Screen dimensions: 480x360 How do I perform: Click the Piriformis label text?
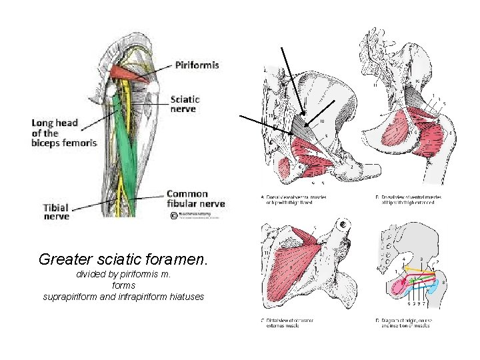point(197,65)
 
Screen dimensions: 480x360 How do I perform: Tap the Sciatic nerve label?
point(185,104)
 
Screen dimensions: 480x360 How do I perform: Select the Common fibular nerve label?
point(195,199)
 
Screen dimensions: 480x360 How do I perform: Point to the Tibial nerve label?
point(56,211)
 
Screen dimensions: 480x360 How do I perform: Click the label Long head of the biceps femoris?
point(64,133)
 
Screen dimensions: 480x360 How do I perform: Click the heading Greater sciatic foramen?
point(124,259)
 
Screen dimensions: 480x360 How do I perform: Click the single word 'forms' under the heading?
point(123,285)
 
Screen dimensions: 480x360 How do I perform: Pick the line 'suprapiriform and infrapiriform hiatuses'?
point(123,295)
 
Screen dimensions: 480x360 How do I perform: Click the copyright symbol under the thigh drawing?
point(173,215)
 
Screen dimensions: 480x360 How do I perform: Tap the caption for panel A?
point(294,199)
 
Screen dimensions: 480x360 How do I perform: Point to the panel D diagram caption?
point(407,323)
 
